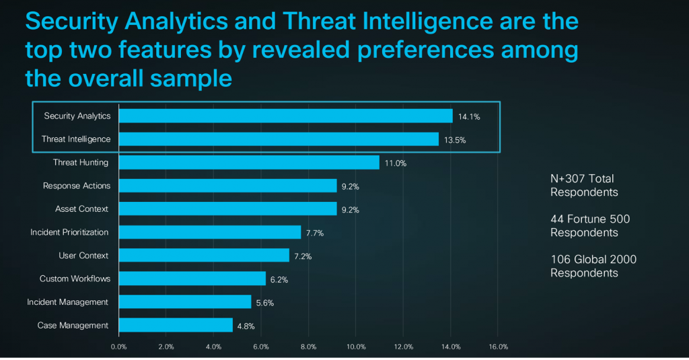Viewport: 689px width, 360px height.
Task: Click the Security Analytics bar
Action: point(286,116)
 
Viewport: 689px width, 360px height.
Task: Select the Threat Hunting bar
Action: point(249,162)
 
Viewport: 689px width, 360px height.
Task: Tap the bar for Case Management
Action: point(176,326)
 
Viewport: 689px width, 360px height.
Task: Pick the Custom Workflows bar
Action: point(192,279)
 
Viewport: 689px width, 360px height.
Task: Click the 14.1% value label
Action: point(469,116)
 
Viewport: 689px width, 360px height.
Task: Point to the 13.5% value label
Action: point(455,140)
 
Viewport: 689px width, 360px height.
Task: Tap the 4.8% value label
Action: point(245,326)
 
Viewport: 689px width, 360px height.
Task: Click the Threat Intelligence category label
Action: point(76,139)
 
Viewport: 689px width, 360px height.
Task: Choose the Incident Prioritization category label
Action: point(70,232)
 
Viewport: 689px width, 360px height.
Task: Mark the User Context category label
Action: point(84,256)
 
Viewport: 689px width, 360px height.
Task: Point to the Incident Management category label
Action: point(68,302)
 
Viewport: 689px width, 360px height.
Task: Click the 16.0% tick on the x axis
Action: point(498,347)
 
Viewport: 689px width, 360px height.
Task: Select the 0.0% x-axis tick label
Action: point(118,347)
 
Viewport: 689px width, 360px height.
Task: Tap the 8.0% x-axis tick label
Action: point(308,347)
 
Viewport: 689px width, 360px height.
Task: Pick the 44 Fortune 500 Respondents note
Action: point(584,225)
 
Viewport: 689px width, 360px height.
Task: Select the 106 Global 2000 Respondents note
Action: point(593,266)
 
